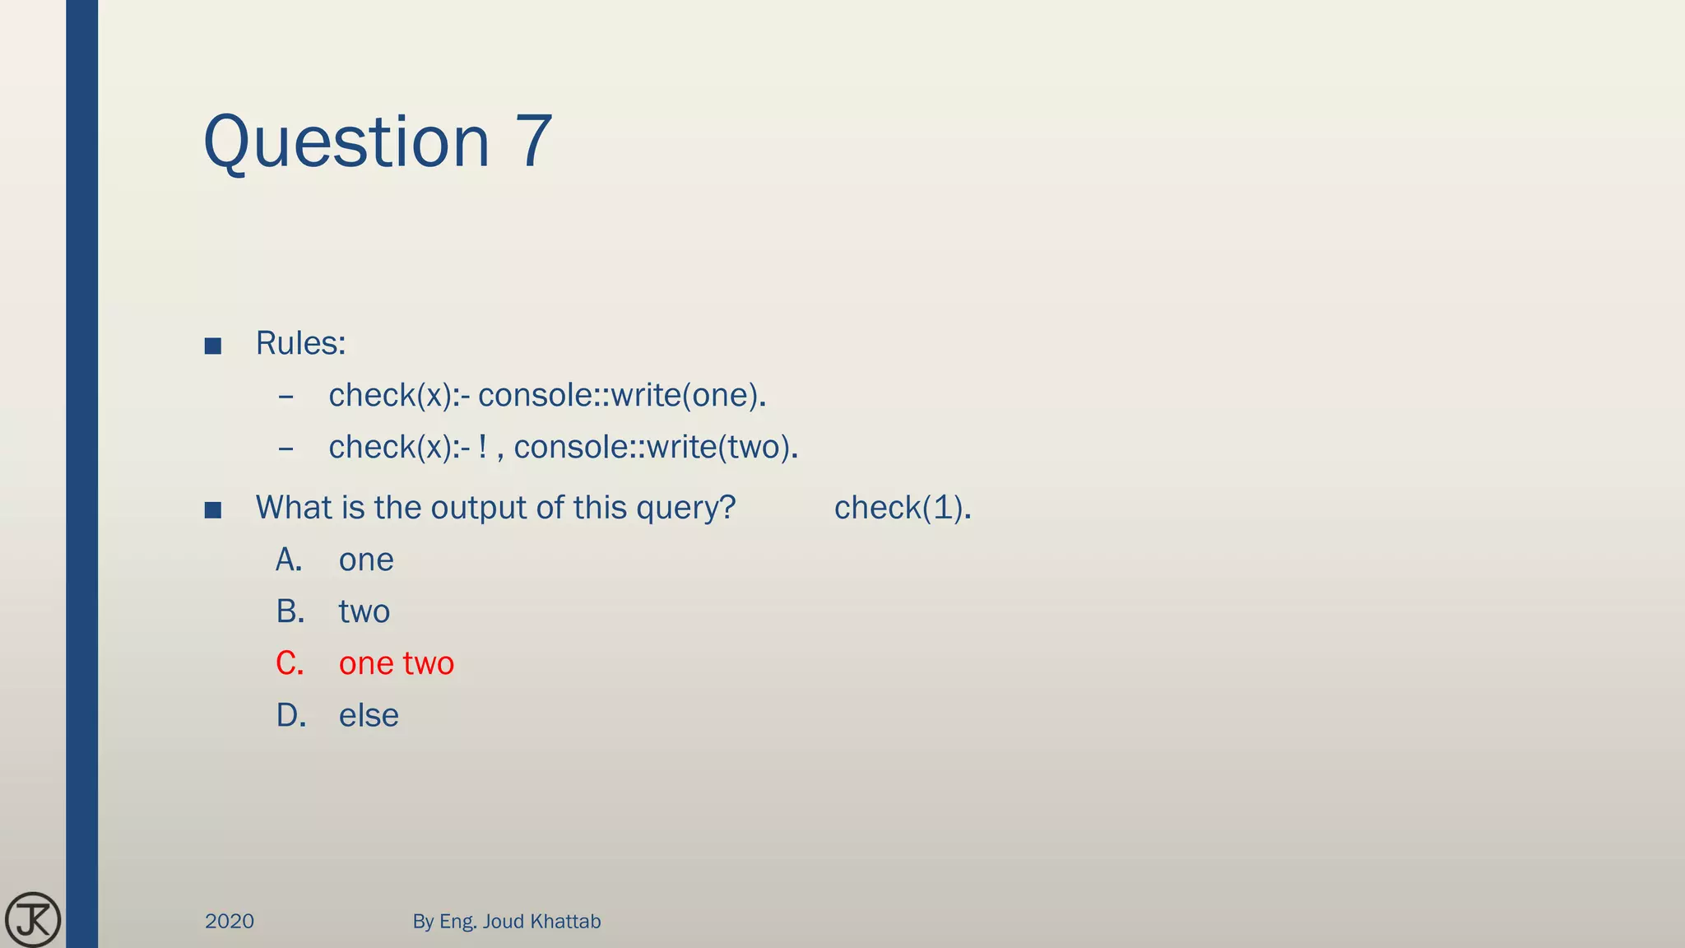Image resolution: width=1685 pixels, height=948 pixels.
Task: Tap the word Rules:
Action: click(x=300, y=343)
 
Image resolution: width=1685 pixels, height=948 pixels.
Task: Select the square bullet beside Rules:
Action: click(x=213, y=346)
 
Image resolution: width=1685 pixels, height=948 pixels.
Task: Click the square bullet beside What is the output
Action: click(x=213, y=510)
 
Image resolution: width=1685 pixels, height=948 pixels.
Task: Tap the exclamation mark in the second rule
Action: click(x=483, y=447)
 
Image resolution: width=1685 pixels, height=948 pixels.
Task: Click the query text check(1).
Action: click(x=903, y=508)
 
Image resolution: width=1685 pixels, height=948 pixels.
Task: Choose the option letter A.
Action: click(x=289, y=560)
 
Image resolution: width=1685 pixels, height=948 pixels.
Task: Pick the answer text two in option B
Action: click(x=364, y=612)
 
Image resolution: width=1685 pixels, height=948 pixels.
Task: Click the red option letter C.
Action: click(x=290, y=663)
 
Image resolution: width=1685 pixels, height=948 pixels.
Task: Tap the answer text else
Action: click(x=369, y=715)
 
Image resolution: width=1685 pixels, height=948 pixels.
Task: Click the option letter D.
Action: click(x=291, y=715)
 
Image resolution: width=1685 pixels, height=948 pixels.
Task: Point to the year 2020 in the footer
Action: click(x=230, y=921)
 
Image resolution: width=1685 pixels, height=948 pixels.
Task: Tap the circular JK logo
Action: click(x=33, y=919)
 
